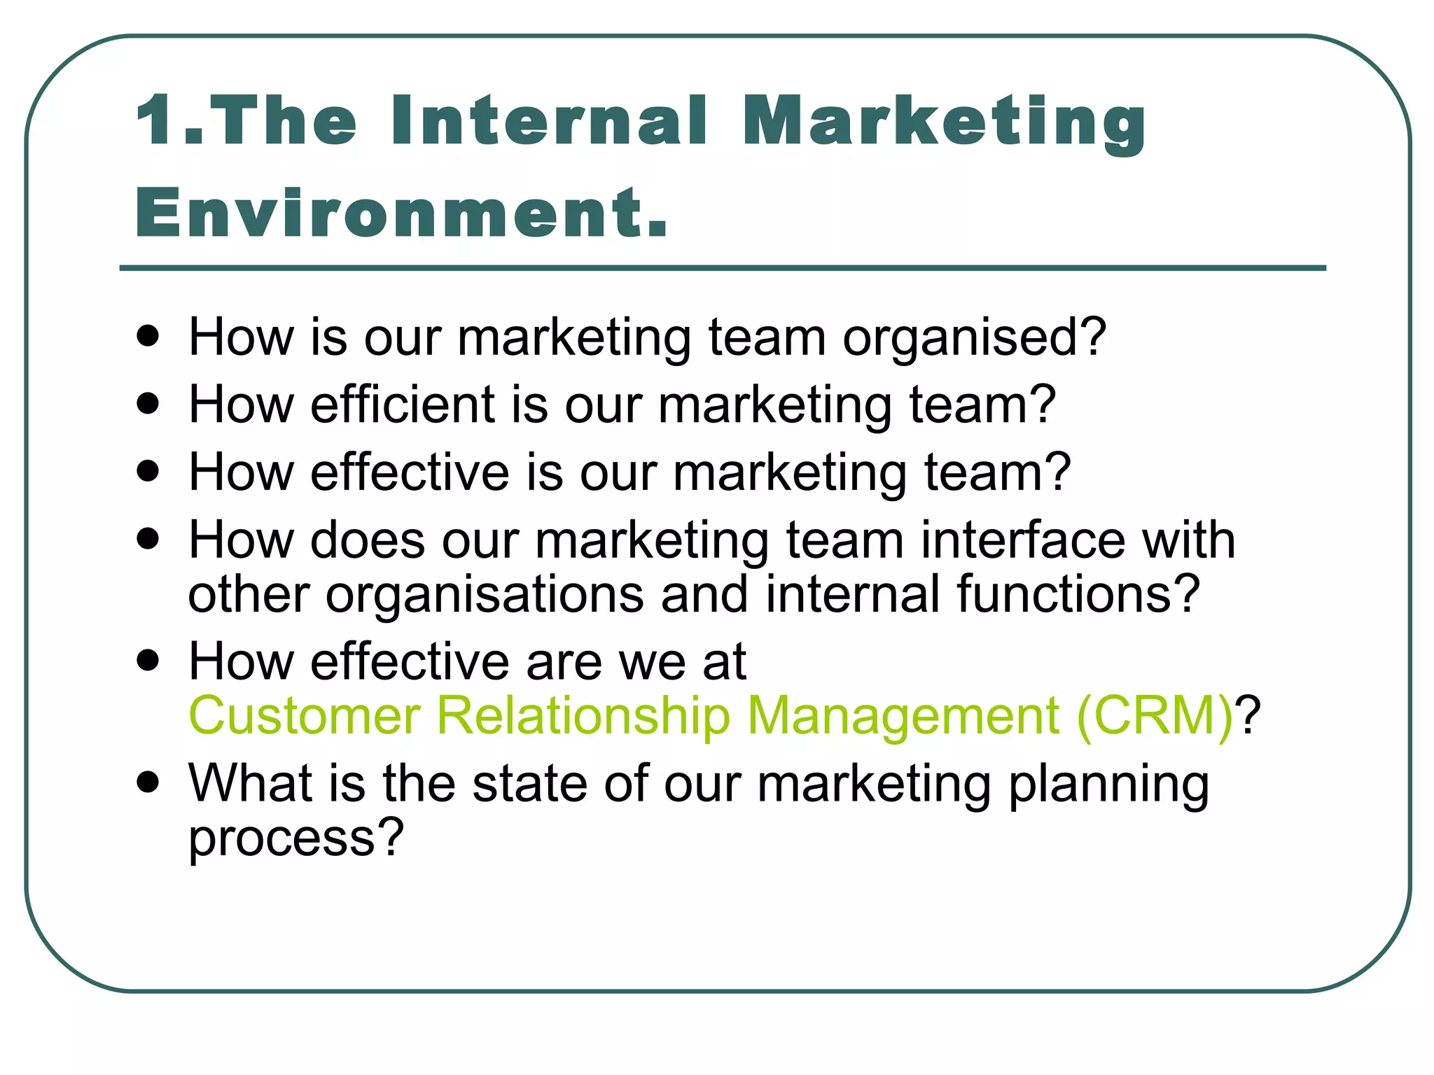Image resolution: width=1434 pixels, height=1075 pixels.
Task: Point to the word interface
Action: coord(1022,540)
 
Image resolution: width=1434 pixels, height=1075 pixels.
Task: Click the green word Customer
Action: coord(305,716)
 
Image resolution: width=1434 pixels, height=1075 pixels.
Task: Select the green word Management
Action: coord(903,716)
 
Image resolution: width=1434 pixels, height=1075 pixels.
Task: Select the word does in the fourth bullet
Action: coord(368,540)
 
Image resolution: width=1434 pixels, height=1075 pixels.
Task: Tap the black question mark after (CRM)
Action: coord(1248,716)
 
